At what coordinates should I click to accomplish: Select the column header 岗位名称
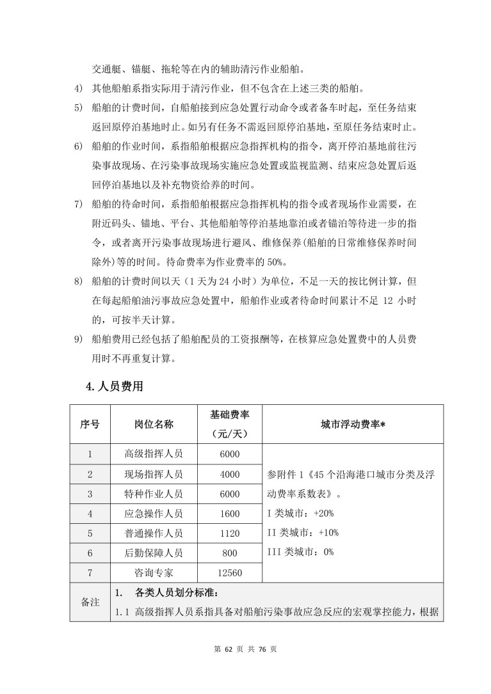click(x=154, y=424)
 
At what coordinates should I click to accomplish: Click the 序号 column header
click(x=90, y=424)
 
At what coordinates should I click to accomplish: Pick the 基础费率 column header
click(x=230, y=424)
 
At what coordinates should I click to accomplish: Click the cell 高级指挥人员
click(x=154, y=454)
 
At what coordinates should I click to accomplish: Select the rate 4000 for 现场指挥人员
click(x=230, y=474)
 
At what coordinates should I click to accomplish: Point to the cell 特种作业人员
click(x=154, y=494)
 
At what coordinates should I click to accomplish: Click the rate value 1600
click(x=230, y=514)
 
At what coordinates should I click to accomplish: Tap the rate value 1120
click(x=230, y=533)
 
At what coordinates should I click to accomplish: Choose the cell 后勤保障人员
click(x=154, y=553)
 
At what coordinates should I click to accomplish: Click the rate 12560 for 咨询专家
click(x=230, y=573)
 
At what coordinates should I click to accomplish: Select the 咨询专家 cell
click(x=154, y=573)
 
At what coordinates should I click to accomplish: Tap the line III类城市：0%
click(x=303, y=552)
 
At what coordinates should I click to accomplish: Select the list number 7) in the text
click(x=78, y=205)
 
